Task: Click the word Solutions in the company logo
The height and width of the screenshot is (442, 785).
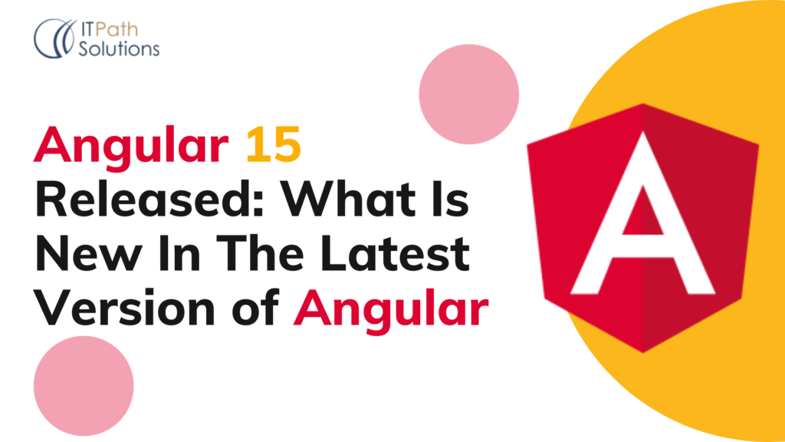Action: [x=120, y=48]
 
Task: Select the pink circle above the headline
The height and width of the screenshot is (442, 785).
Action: [x=469, y=94]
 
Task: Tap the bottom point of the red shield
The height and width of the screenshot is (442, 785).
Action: [x=642, y=349]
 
